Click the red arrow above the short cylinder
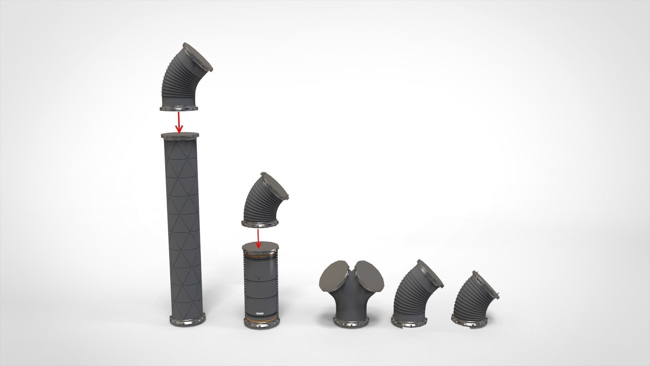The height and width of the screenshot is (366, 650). pyautogui.click(x=258, y=239)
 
